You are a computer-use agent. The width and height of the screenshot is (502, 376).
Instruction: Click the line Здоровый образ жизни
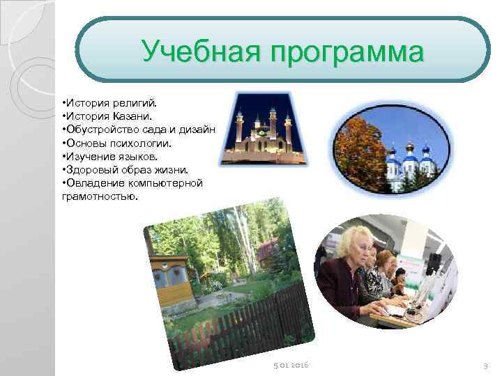click(x=125, y=169)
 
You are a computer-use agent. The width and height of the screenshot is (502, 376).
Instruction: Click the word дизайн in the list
click(x=198, y=130)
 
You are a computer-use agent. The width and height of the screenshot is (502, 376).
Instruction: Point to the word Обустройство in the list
click(x=98, y=130)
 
